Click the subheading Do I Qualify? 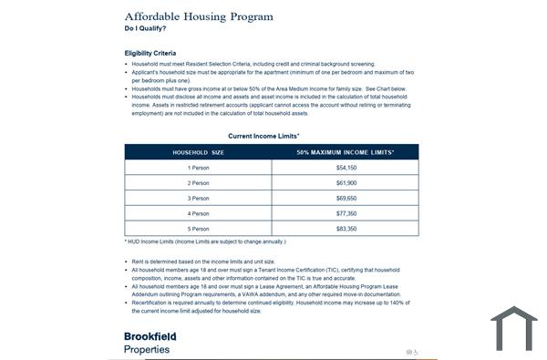click(x=146, y=29)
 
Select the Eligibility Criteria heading click(x=150, y=54)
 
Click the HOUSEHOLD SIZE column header click(x=198, y=152)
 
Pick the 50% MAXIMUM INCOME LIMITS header click(x=345, y=152)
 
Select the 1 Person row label click(x=198, y=168)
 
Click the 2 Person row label click(x=198, y=183)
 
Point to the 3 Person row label click(x=198, y=198)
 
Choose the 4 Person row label click(x=198, y=213)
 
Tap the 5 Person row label click(x=198, y=228)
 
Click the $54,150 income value click(x=346, y=168)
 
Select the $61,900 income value click(x=346, y=183)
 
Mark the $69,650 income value click(x=346, y=198)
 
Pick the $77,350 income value click(x=346, y=213)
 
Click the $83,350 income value click(x=346, y=228)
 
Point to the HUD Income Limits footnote click(x=205, y=242)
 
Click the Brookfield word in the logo click(x=150, y=336)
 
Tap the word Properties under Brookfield click(x=147, y=349)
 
